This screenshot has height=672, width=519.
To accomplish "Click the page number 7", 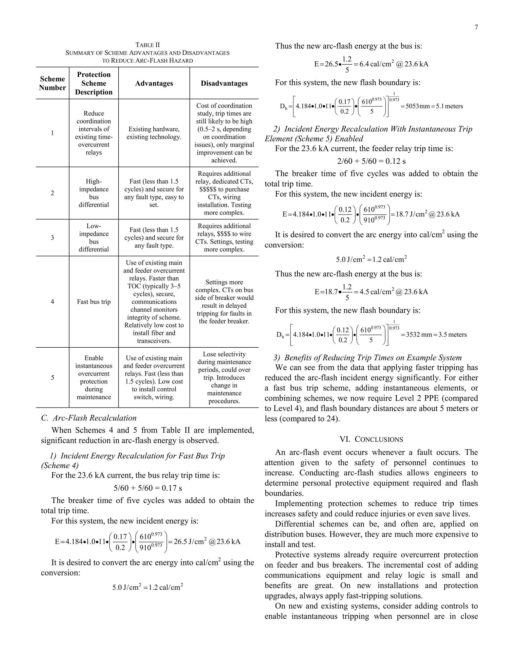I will (x=476, y=27).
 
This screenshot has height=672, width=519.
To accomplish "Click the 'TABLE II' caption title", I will (x=147, y=45).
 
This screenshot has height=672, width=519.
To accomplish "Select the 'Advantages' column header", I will (x=154, y=83).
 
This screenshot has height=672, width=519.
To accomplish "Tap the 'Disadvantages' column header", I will (x=224, y=83).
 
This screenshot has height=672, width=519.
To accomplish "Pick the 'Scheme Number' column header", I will (x=52, y=83).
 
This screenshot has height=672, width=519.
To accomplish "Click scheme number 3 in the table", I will (x=52, y=238).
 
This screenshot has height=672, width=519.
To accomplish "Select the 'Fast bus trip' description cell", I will (x=94, y=302).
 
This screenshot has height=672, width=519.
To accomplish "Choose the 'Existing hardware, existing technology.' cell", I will (x=154, y=133).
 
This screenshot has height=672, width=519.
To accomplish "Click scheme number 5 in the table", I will (x=52, y=378).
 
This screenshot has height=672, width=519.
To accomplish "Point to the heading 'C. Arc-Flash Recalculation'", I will (x=89, y=418).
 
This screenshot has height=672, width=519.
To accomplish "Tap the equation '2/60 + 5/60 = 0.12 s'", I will (x=372, y=161).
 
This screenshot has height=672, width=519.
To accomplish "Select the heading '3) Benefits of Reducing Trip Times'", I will (x=368, y=358).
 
